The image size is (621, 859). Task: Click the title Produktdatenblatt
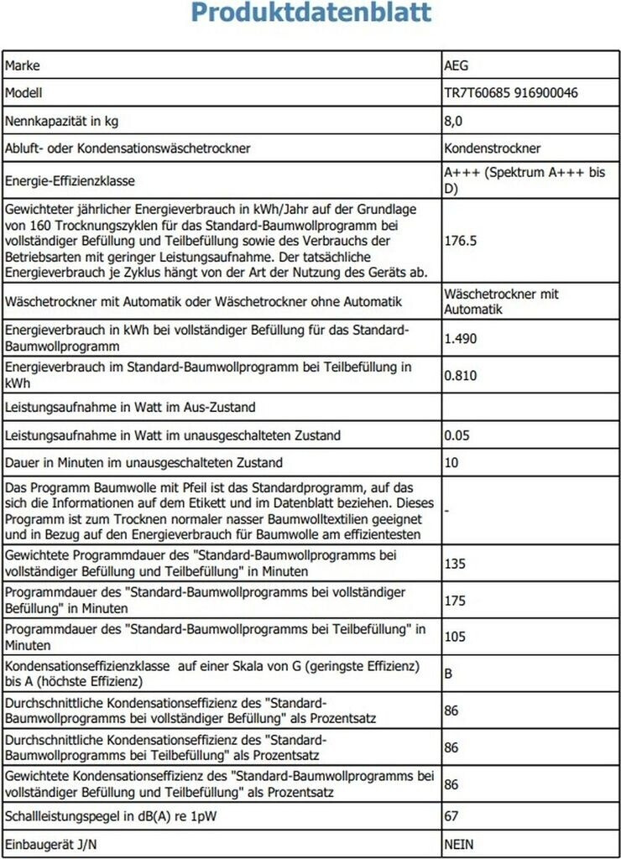tap(310, 14)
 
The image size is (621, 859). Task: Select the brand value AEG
tap(457, 65)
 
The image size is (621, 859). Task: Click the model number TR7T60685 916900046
tap(510, 93)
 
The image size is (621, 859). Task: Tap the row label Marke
tap(23, 65)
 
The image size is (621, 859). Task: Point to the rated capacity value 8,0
tap(453, 121)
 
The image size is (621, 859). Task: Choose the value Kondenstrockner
tap(493, 148)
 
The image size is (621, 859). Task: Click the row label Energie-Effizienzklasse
tap(70, 180)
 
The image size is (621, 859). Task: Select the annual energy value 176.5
tap(461, 241)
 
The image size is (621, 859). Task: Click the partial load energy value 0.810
tap(461, 375)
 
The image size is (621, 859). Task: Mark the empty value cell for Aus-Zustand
tap(530, 408)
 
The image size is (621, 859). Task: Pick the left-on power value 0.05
tap(457, 435)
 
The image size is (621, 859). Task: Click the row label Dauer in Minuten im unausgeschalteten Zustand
tap(144, 462)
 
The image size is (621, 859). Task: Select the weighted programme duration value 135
tap(455, 564)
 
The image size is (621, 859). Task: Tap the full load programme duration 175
tap(455, 601)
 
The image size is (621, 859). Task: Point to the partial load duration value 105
tap(455, 638)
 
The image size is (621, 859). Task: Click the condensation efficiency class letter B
tap(449, 674)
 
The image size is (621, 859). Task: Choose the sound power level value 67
tap(451, 815)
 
